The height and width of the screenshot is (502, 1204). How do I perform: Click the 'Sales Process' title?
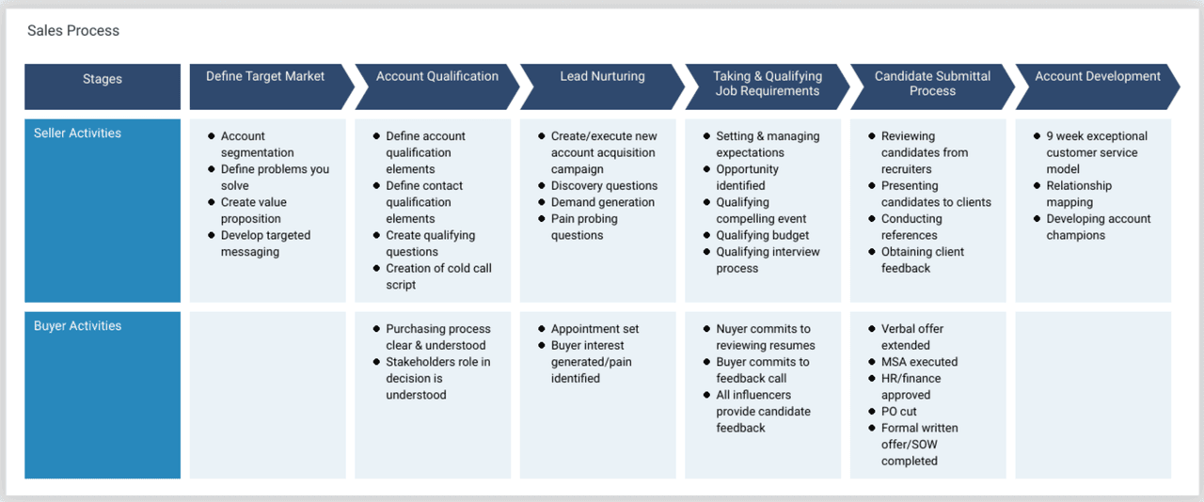[73, 31]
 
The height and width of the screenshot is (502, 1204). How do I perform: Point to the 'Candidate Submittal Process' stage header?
[931, 85]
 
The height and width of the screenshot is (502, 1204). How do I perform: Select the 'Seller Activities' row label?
[78, 133]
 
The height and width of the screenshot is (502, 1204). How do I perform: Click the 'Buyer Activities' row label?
[78, 326]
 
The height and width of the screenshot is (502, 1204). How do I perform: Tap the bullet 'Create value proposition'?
[253, 211]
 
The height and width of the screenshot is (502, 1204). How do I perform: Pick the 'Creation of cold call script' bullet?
[438, 276]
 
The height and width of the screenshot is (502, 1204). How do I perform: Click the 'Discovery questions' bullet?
[604, 186]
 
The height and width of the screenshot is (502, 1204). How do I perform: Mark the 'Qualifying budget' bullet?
[762, 235]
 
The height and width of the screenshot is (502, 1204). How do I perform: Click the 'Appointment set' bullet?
[594, 329]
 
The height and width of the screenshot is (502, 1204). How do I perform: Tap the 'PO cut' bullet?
[898, 412]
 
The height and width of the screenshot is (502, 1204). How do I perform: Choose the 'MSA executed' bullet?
[919, 362]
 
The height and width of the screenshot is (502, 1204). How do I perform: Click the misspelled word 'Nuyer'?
[734, 329]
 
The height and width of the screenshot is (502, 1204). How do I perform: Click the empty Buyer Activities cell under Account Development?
[1093, 395]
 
